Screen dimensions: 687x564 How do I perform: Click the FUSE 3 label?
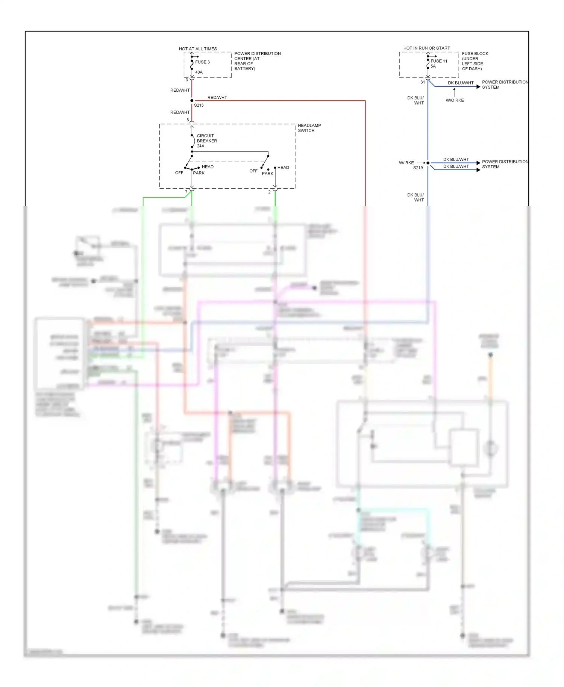tap(202, 62)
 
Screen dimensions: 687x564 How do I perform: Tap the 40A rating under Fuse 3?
tap(199, 72)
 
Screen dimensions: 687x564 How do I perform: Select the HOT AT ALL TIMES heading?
tap(198, 49)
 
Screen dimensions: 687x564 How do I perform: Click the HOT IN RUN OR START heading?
tap(426, 48)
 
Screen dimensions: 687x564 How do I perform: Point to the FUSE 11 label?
tap(439, 61)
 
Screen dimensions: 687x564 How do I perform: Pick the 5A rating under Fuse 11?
tap(433, 66)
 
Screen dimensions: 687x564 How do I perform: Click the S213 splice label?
tap(199, 105)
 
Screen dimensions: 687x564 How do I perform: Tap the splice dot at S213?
tap(192, 101)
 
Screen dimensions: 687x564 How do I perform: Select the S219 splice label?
tap(418, 168)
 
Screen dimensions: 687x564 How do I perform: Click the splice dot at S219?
tap(428, 163)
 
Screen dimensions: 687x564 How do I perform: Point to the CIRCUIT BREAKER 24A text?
tap(207, 141)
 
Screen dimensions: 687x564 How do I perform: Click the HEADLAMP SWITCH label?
tap(309, 128)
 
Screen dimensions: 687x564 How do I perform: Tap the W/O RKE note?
tap(455, 100)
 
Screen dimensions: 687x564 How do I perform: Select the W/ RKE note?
tap(406, 163)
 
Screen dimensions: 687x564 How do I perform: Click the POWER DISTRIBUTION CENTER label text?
tap(257, 61)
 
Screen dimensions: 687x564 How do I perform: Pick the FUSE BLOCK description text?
tap(475, 61)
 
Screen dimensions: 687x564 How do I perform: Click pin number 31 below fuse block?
tap(423, 82)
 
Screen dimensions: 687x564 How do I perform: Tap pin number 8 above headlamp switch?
tap(188, 120)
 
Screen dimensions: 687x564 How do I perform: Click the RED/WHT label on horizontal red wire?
tap(217, 97)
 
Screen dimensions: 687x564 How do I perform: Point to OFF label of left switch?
tap(179, 173)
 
